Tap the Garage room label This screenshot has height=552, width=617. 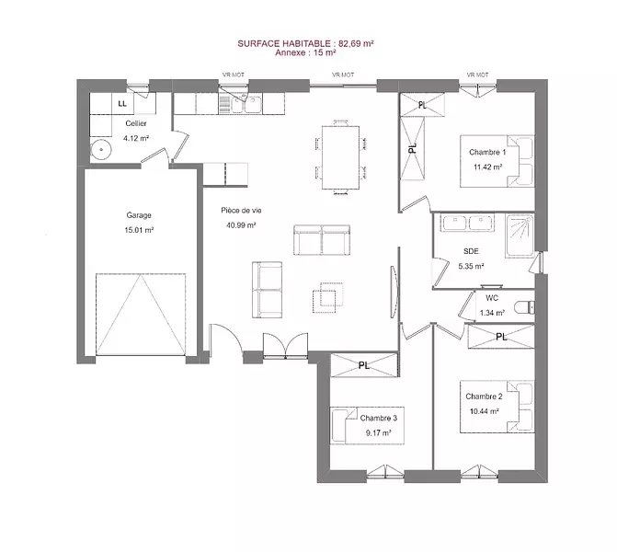pos(139,215)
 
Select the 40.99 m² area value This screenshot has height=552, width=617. pos(241,225)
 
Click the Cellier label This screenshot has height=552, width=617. pos(136,123)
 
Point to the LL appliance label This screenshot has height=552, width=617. pos(122,104)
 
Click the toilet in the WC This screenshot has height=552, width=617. pos(524,306)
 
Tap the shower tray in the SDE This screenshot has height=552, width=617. pos(520,236)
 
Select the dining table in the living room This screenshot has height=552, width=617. pos(340,157)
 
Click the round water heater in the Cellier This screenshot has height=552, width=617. pos(101,150)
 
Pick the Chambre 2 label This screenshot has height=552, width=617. pos(484,397)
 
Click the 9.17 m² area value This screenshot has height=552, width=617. pos(378,433)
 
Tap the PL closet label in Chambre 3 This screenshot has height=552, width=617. pos(364,366)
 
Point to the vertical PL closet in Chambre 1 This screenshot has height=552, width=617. pos(412,148)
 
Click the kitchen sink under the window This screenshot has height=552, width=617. pos(246,104)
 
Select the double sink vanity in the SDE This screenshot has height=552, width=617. pos(467,223)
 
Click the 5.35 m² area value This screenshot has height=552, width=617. pos(471,266)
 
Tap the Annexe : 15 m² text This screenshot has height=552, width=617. pos(305,52)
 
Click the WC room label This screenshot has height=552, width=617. pos(492,298)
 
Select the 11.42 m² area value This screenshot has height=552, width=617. pos(487,167)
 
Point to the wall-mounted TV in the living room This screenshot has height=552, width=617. pos(394,292)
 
